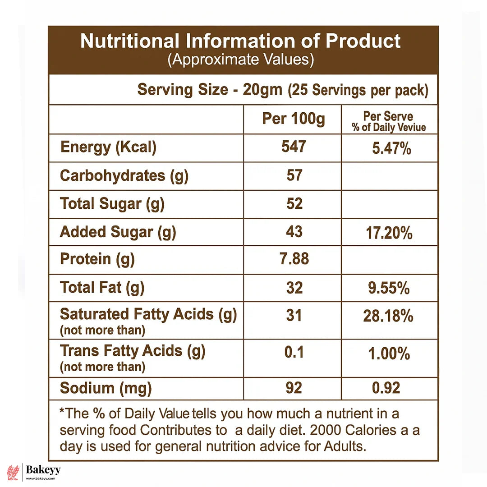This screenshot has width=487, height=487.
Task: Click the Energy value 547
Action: [294, 147]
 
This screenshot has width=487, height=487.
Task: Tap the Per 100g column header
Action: [294, 119]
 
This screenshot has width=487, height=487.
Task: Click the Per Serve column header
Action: [389, 121]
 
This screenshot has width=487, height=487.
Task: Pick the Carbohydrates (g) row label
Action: [124, 175]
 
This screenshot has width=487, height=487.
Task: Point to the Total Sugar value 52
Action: [294, 203]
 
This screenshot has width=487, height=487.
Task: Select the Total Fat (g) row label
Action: [102, 287]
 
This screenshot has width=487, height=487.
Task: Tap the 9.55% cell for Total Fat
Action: [389, 288]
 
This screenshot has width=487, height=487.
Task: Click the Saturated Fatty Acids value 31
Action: [294, 315]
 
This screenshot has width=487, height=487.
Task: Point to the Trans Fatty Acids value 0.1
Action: [294, 352]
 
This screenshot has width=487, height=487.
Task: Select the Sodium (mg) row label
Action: [106, 388]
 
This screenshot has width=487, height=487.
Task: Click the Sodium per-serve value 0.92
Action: [386, 388]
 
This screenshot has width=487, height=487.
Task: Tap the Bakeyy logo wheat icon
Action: [13, 472]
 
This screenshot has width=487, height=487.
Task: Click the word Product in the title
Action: [363, 41]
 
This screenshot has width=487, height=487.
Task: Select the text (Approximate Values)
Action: [241, 60]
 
